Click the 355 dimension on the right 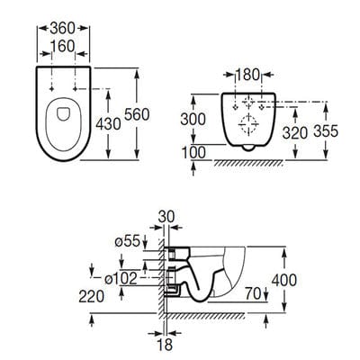pyautogui.click(x=326, y=130)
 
